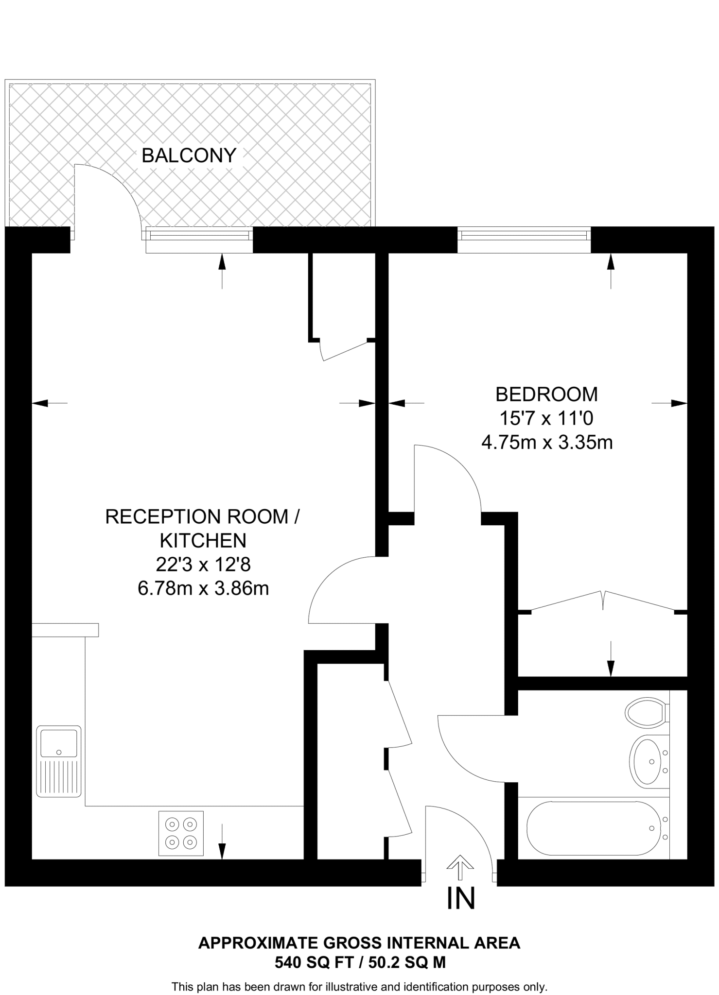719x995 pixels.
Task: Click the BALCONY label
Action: tap(189, 155)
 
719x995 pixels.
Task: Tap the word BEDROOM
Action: tap(546, 394)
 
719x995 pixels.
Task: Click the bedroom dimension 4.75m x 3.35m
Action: tap(546, 443)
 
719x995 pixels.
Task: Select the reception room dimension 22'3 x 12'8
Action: tap(203, 565)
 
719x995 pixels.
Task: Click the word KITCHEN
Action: tap(203, 540)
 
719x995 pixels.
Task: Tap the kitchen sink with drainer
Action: tap(59, 761)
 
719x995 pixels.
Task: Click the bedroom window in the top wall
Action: tap(524, 236)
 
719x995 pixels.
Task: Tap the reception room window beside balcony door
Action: tap(199, 236)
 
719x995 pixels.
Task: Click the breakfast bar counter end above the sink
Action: tap(65, 630)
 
